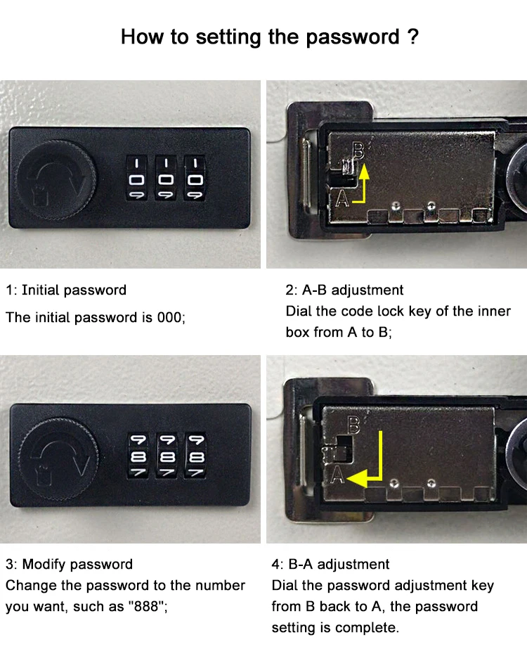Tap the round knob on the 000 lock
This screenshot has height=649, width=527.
(x=55, y=176)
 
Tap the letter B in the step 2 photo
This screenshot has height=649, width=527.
(x=358, y=148)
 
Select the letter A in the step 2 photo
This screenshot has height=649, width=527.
(x=342, y=199)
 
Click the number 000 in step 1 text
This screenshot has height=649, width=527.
(x=169, y=317)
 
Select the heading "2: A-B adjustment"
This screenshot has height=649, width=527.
(x=344, y=290)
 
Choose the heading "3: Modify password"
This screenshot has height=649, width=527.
(x=69, y=564)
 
